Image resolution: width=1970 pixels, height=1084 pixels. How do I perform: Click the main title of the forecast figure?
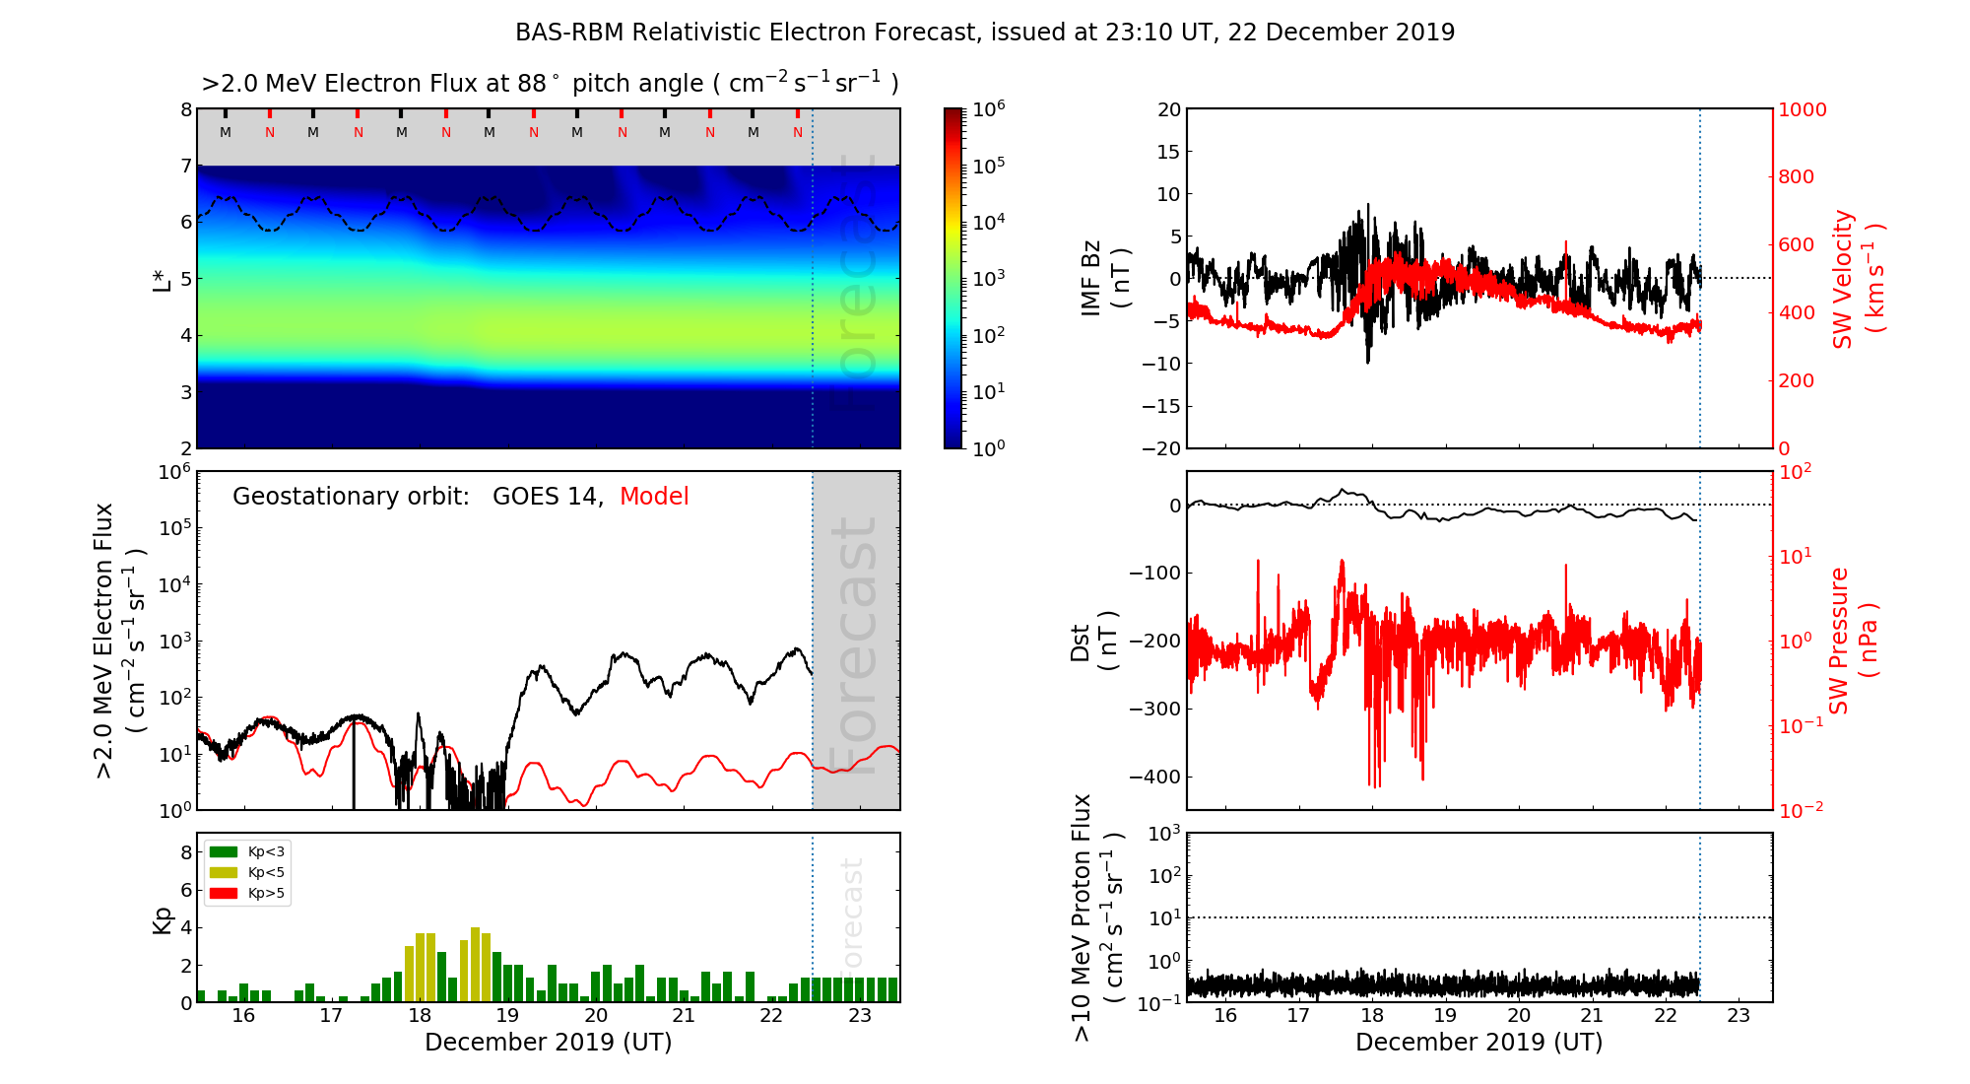tap(985, 33)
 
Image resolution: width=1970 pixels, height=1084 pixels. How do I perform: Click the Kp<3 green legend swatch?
tap(225, 851)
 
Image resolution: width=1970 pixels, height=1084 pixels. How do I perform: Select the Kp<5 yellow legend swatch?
tap(225, 872)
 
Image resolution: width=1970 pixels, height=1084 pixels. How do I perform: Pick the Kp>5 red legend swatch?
tap(225, 894)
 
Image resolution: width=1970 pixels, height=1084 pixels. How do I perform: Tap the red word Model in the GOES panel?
tap(654, 497)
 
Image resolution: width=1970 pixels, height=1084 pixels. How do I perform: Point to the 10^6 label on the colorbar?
tap(989, 109)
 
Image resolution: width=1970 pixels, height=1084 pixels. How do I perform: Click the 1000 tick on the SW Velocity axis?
tap(1802, 109)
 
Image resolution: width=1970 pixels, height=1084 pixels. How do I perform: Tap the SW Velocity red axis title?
tap(1858, 279)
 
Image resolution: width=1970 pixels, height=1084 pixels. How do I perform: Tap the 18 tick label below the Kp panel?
tap(420, 1016)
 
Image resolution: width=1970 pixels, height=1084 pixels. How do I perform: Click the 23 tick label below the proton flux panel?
tap(1739, 1016)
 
